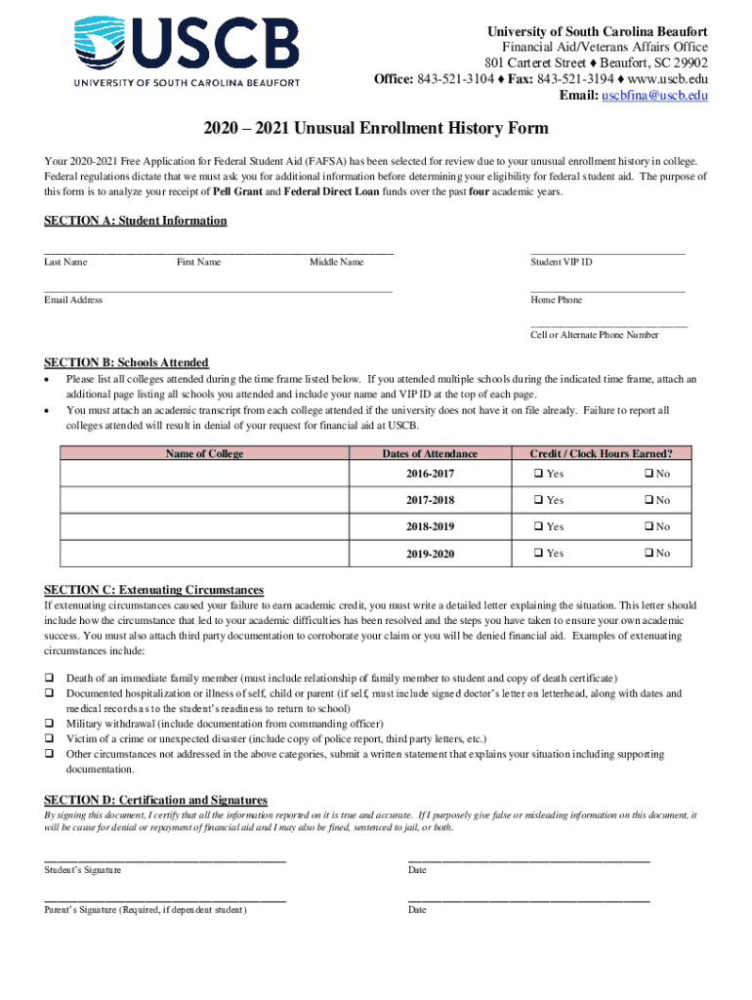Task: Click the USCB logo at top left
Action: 187,51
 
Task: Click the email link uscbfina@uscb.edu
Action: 654,96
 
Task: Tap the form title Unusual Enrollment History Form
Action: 376,129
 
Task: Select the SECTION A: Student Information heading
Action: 135,221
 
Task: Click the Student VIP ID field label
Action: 561,262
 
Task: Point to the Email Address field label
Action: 73,300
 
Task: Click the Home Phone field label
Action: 556,300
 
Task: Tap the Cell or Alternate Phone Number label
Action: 594,335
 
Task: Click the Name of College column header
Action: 204,453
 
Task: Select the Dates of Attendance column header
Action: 430,453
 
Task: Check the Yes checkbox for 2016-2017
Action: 538,475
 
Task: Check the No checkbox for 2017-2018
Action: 648,501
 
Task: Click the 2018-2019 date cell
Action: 430,527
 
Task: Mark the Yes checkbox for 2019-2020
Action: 538,554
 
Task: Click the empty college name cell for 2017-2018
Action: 204,501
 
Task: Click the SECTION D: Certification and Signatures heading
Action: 155,800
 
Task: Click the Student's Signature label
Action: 82,870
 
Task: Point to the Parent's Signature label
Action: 145,910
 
